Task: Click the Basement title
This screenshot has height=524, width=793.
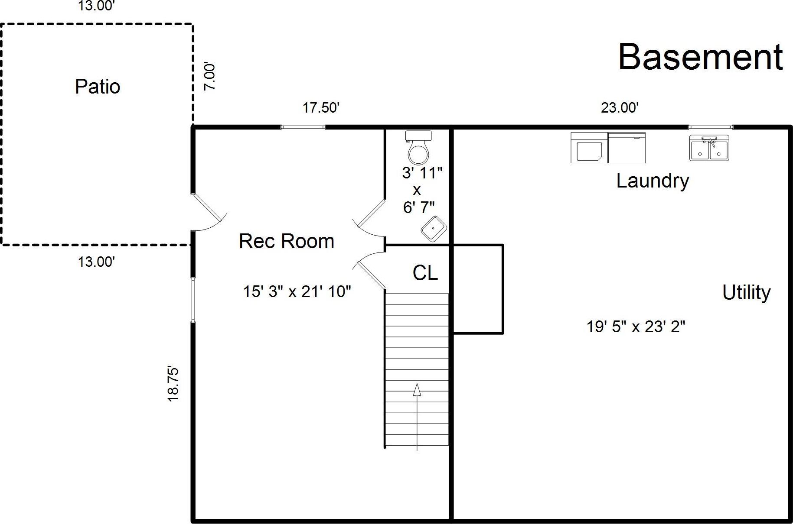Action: tap(700, 57)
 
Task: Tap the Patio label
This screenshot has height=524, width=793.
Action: tap(98, 86)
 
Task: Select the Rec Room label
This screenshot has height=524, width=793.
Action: tap(287, 241)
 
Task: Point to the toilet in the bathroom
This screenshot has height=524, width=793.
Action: tap(418, 147)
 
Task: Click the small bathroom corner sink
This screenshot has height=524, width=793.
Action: tap(434, 229)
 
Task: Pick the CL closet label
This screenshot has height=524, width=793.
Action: tap(425, 273)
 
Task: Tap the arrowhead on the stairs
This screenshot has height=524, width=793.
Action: tap(417, 390)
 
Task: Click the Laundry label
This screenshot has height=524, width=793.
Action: tap(653, 181)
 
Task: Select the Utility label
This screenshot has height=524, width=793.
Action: tap(746, 292)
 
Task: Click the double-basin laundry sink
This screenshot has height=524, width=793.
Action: tap(709, 148)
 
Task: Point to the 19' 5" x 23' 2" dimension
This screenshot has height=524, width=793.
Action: tap(636, 326)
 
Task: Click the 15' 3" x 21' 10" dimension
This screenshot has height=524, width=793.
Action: tap(297, 291)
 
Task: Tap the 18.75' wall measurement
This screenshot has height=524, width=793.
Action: tap(173, 384)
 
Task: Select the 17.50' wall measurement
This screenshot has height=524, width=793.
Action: tap(321, 107)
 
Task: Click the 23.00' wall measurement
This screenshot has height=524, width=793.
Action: tap(620, 107)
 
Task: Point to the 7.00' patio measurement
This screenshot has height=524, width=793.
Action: tap(210, 77)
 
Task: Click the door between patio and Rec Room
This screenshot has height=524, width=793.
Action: tap(209, 212)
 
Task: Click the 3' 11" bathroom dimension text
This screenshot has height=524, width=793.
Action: tap(422, 173)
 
